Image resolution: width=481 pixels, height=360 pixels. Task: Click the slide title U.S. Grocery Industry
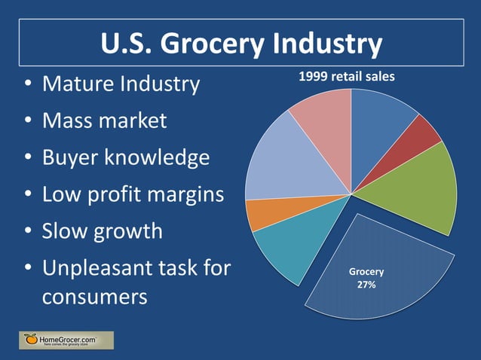click(241, 45)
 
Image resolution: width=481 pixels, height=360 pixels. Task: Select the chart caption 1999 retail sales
click(346, 76)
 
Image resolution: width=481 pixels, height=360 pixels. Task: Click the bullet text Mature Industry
click(121, 83)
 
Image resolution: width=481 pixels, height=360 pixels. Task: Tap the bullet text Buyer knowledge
click(125, 157)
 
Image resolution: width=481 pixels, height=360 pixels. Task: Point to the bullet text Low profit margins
click(133, 194)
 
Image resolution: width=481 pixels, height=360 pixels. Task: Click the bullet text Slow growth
click(102, 230)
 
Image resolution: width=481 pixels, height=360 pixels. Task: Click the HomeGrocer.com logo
click(66, 340)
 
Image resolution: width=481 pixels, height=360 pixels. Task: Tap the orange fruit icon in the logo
click(30, 340)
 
